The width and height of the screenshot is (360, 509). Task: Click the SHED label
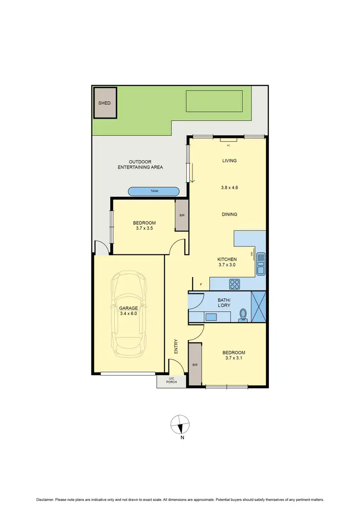pos(105,103)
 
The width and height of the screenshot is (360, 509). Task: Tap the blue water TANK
pos(154,191)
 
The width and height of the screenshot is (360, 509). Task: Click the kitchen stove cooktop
pos(234,284)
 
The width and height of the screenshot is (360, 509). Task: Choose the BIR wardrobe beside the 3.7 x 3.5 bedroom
pos(182,216)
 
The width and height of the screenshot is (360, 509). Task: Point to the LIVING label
pos(229,161)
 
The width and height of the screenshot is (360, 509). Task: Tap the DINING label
pos(229,214)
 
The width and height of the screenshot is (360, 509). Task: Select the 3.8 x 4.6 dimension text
pos(229,187)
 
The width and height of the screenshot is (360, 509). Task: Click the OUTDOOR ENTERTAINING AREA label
pos(141,164)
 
